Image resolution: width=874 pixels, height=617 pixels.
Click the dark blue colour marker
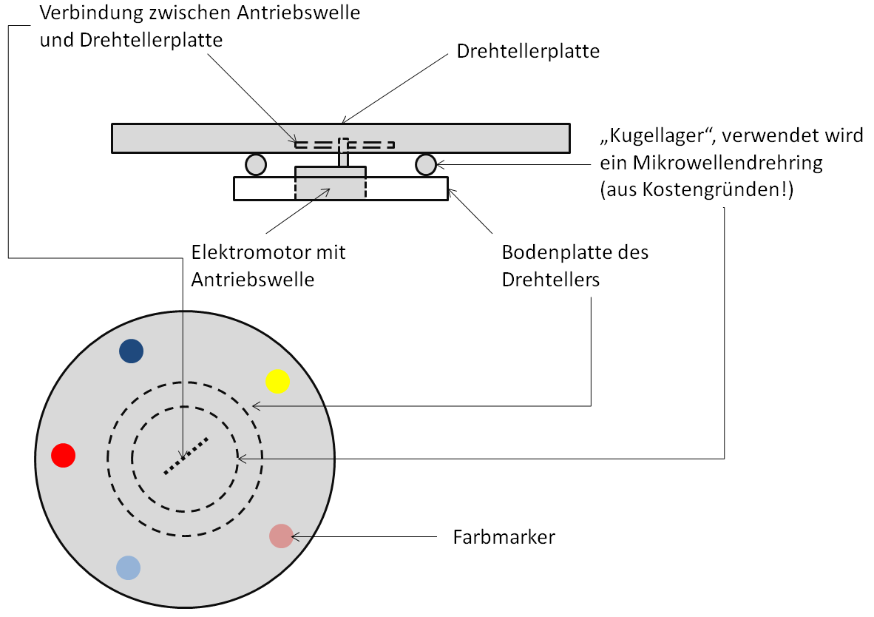(x=131, y=351)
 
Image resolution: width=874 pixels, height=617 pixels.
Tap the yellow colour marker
(x=277, y=381)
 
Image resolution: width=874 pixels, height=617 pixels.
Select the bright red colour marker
(x=64, y=455)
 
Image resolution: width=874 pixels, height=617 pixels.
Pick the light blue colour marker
(x=128, y=567)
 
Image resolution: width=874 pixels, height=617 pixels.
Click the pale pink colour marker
(x=281, y=536)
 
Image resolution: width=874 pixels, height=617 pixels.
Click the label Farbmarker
(x=504, y=537)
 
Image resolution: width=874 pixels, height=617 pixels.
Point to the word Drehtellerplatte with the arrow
(x=528, y=52)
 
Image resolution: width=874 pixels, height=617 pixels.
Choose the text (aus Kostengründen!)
(x=696, y=189)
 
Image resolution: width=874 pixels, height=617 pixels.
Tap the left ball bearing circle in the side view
(x=256, y=164)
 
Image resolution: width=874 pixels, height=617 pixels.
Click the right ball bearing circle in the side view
(x=425, y=164)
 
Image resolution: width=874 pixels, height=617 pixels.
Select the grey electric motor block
(x=330, y=182)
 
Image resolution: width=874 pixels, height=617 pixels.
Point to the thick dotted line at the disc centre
(x=186, y=455)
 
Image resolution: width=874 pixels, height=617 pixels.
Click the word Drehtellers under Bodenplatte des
(x=550, y=280)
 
